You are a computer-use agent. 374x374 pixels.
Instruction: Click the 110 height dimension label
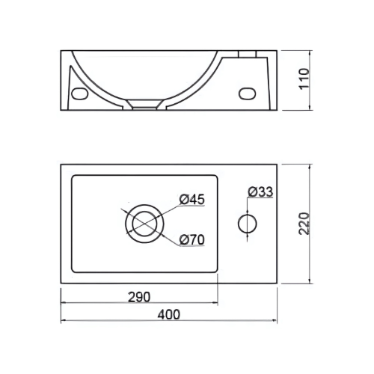(x=304, y=78)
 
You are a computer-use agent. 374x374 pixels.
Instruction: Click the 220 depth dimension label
(x=304, y=224)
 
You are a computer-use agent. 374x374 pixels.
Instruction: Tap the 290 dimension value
(x=139, y=297)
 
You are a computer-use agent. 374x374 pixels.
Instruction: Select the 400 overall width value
(x=168, y=314)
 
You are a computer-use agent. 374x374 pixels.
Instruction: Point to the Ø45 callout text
(x=192, y=199)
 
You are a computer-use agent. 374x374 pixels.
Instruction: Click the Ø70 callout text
(x=192, y=240)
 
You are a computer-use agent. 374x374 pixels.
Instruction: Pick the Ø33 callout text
(x=260, y=191)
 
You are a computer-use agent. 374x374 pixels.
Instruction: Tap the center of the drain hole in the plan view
(x=144, y=224)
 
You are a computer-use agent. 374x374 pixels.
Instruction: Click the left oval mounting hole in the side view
(x=79, y=93)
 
